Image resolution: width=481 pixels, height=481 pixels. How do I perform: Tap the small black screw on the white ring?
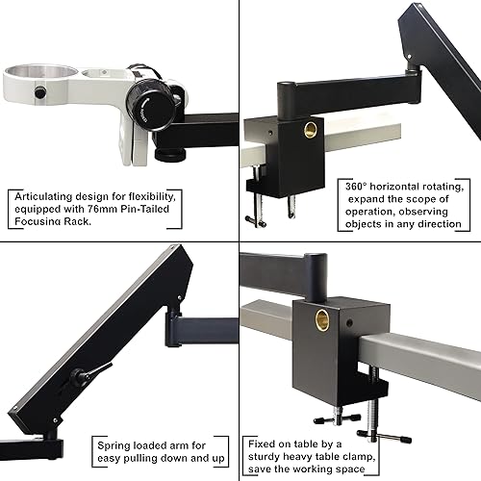[40, 92]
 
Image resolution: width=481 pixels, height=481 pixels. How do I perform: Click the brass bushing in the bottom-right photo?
[322, 320]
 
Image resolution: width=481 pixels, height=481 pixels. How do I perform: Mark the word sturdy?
[268, 457]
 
